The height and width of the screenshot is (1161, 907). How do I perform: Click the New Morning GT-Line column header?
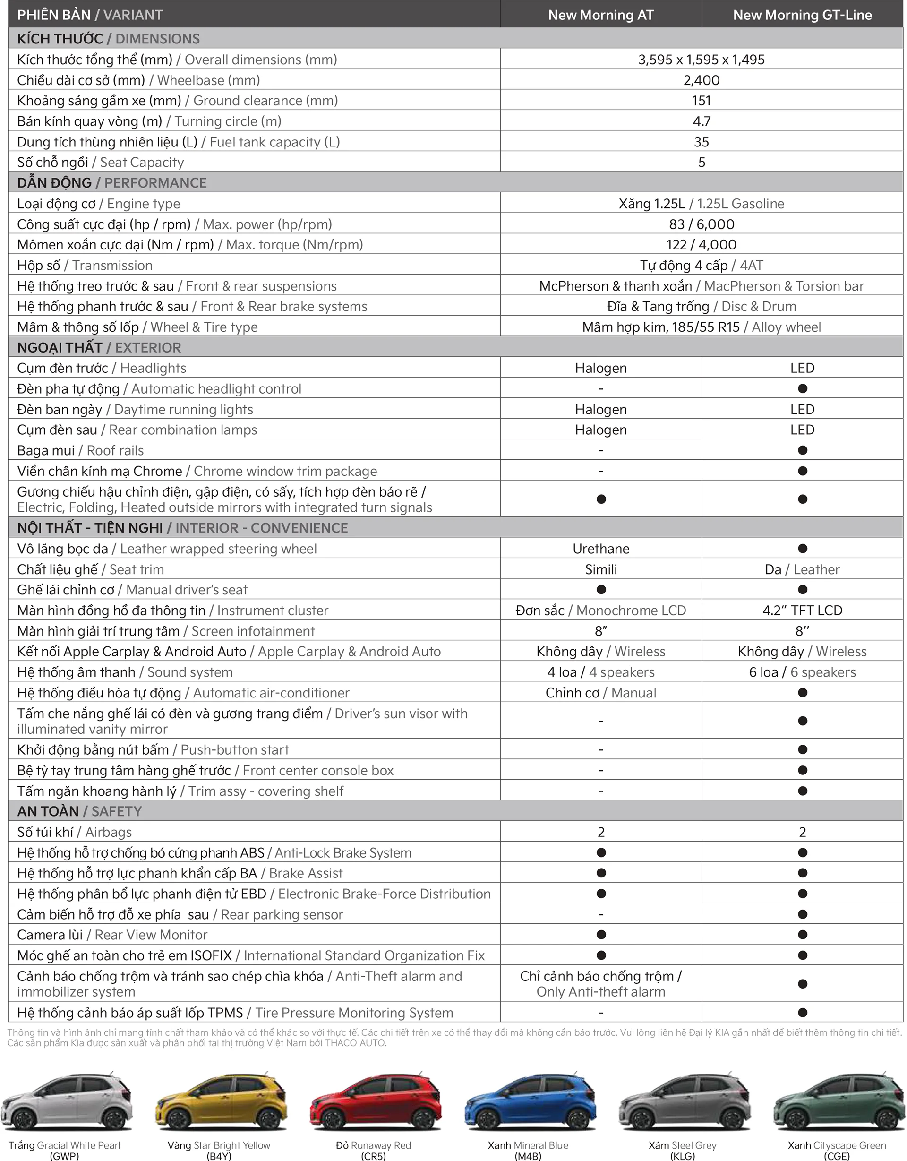802,15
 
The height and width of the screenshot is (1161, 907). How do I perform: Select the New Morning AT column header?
600,15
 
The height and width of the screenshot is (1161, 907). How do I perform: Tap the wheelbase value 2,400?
702,80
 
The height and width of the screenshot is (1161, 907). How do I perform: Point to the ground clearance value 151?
702,101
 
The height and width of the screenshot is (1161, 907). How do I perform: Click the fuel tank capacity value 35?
702,142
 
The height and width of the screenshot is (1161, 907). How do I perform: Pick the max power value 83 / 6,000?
702,224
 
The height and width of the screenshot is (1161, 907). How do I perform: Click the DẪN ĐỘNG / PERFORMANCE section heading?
111,183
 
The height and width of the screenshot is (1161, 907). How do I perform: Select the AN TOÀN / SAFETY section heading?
80,811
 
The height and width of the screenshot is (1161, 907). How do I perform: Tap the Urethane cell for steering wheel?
600,549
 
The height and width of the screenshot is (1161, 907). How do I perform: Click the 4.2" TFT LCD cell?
802,611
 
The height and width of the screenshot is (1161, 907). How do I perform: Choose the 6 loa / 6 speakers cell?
802,672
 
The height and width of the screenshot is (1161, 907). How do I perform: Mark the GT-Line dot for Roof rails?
802,450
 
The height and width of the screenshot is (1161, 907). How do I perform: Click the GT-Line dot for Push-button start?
802,749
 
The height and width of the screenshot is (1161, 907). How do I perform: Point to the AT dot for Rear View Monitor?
601,935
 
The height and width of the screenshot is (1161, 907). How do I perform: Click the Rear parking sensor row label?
180,914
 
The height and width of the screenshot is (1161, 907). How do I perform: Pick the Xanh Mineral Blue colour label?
528,1145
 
